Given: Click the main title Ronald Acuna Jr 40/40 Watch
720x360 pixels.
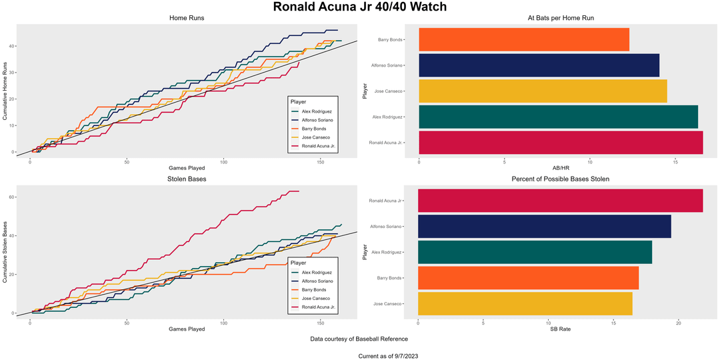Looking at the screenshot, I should (x=360, y=7).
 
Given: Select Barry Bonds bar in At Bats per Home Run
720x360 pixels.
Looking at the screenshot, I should (x=524, y=39).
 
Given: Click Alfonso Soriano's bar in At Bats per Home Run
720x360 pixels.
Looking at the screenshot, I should (x=539, y=65).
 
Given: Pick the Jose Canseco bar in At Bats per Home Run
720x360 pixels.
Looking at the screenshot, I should (x=543, y=91).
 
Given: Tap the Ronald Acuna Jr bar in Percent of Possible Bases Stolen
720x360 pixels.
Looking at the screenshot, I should (x=560, y=201).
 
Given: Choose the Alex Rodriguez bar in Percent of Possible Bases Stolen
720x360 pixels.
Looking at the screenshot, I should (x=535, y=252).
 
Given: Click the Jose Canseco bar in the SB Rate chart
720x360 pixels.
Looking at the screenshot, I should (x=525, y=303).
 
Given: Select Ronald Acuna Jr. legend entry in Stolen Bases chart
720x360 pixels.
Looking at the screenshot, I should (x=318, y=307).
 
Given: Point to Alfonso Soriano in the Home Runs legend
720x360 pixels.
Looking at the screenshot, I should (x=318, y=120).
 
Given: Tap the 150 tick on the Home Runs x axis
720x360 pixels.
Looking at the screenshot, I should (x=321, y=162).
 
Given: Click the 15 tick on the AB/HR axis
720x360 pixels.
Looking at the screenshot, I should (x=675, y=162).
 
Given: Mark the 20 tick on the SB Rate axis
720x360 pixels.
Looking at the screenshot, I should (x=679, y=323).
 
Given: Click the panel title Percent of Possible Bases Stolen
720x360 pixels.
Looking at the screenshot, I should (x=560, y=179).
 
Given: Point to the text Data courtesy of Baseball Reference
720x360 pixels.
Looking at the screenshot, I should (x=359, y=339).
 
